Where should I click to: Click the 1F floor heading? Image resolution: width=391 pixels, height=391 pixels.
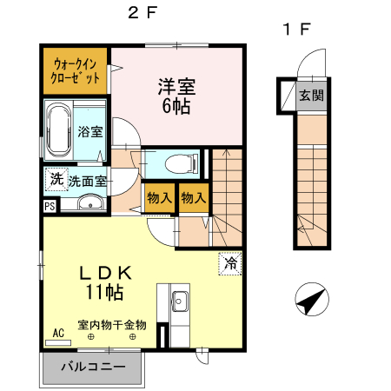[x=295, y=29]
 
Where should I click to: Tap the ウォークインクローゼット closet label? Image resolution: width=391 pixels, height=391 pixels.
[x=75, y=70]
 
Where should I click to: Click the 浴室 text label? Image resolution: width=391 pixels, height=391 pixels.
[x=89, y=132]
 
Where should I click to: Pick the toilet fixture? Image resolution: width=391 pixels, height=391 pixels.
[x=180, y=162]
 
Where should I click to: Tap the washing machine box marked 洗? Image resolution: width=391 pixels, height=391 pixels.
[x=56, y=180]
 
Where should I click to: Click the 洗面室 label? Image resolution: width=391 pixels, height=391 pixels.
[x=88, y=182]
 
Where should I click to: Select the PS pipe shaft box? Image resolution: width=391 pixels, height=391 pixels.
[x=49, y=207]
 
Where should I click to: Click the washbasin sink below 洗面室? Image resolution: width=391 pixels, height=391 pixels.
[x=89, y=204]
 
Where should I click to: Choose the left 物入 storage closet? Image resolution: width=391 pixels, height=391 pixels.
[x=158, y=198]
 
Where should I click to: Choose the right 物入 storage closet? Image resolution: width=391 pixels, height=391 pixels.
[x=193, y=198]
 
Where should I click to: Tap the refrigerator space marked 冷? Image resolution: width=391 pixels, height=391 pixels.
[x=230, y=262]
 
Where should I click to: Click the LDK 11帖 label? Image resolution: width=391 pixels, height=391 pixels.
[x=107, y=281]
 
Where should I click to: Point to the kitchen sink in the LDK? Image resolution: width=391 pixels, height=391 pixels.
[x=182, y=302]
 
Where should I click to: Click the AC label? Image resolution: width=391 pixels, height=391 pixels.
[x=57, y=332]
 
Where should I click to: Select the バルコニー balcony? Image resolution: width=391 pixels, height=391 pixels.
[x=92, y=367]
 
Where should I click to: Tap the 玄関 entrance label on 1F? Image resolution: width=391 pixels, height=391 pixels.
[x=311, y=96]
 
